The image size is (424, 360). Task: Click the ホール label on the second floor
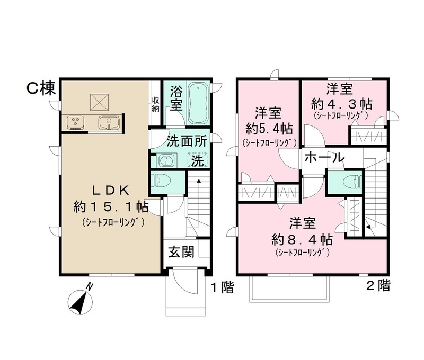[325, 157]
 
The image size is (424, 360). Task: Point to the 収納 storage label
[155, 104]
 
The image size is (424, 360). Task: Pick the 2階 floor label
[378, 286]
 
